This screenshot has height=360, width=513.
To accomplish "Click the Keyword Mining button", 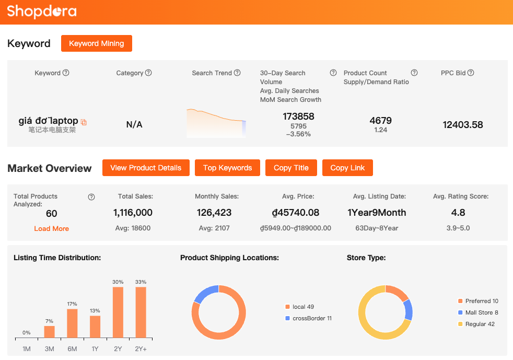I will (97, 43).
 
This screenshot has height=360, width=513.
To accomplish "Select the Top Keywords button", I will (227, 168).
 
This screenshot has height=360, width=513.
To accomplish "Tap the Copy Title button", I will (291, 168).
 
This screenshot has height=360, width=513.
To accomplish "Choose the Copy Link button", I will (347, 168).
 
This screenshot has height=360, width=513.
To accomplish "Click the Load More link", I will (51, 228).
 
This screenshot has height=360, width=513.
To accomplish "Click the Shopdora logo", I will (42, 11).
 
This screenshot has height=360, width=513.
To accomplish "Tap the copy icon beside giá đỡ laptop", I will (84, 122).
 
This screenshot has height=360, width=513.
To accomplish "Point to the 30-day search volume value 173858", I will (298, 116).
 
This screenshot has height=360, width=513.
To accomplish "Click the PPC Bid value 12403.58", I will (462, 124).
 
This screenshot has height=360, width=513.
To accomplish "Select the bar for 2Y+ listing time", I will (141, 312).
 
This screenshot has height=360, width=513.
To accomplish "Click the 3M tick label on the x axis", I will (49, 349).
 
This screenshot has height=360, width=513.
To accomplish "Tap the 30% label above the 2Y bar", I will (118, 282).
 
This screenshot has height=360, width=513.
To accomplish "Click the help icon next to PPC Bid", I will (471, 73).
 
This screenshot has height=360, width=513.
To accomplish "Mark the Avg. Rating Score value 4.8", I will (458, 213).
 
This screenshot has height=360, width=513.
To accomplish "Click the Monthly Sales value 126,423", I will (214, 213).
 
